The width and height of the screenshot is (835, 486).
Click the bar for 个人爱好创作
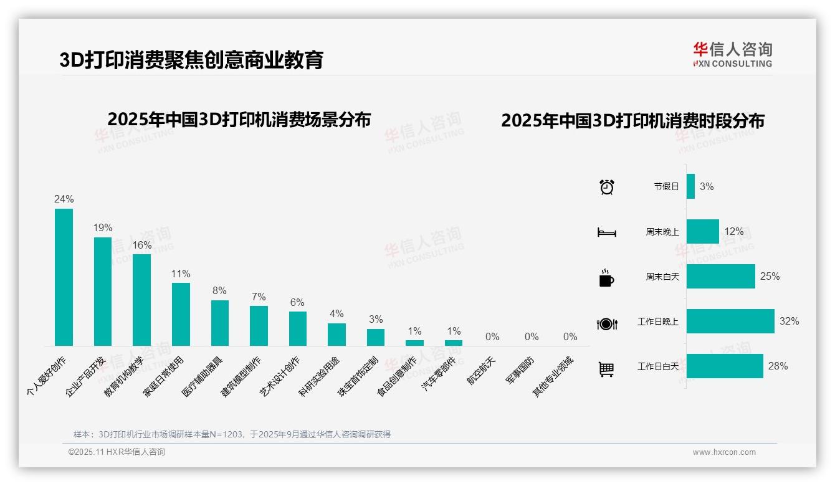point(64,277)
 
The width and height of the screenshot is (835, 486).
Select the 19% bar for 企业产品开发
point(103,292)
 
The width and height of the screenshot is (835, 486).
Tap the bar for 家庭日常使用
point(181,314)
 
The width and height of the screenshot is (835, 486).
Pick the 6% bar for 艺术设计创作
point(297,328)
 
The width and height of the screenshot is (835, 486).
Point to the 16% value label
point(142,245)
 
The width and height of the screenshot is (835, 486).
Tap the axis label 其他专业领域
point(554,376)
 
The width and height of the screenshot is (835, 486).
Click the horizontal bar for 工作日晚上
point(730,322)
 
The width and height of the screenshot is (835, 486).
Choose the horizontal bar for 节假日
point(690,186)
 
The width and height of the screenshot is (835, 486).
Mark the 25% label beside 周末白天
point(770,276)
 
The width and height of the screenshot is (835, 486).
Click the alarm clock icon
point(607,186)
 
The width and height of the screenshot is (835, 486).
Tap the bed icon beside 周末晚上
point(607,232)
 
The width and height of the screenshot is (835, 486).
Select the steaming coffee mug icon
point(606,278)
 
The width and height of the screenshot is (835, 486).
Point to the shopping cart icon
point(606,369)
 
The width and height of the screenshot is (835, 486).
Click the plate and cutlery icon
point(607,323)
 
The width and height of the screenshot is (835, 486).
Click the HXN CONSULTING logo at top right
point(732,55)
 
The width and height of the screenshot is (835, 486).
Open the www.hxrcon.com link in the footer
point(724,452)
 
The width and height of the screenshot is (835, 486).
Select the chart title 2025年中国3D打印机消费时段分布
point(632,121)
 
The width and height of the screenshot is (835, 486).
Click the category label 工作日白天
point(657,366)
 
